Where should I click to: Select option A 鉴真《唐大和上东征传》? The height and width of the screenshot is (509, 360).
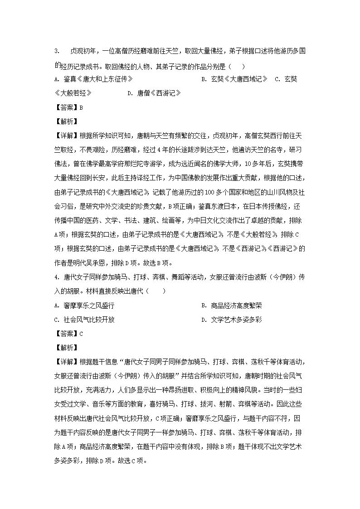[93, 79]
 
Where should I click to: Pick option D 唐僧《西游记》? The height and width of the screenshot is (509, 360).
[154, 93]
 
